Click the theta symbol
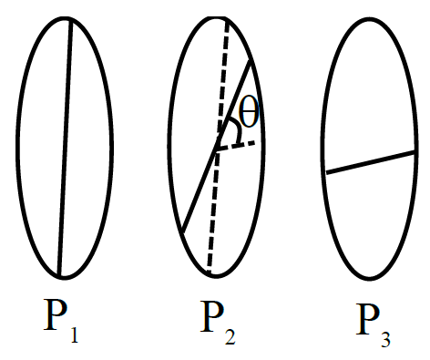coord(249,112)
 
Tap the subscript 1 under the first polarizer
coord(74,334)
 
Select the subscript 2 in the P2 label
coord(230,335)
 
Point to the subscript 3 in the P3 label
coord(385,338)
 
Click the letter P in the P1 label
coord(56,315)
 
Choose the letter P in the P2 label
coord(212,316)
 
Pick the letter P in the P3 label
coord(368,319)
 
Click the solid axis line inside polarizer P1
coord(66,148)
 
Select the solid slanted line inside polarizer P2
coord(216,147)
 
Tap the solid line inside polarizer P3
coord(371,162)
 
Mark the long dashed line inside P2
coord(218,146)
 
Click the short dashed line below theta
coord(236,145)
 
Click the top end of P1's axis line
coord(71,20)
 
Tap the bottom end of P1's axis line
coord(59,276)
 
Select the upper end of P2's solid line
coord(251,61)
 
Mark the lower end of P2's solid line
coord(182,233)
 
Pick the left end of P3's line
coord(327,173)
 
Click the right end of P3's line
coord(415,151)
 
